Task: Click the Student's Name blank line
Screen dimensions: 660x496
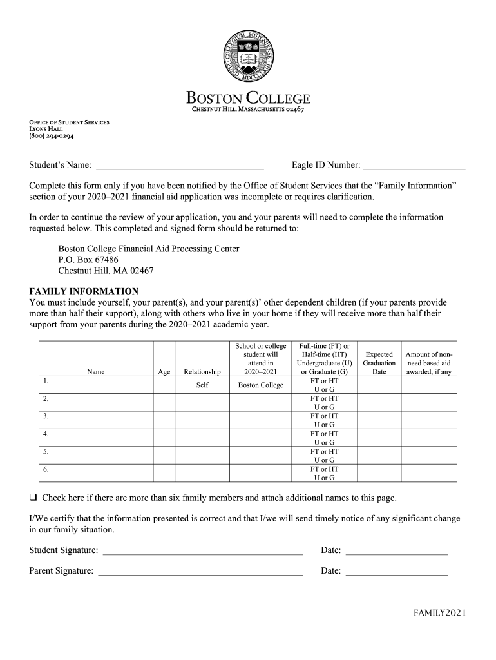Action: (x=180, y=166)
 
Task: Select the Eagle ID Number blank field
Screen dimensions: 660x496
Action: (x=414, y=166)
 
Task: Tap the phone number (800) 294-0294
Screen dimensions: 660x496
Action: (x=51, y=136)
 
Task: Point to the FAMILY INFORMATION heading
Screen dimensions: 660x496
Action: (x=84, y=291)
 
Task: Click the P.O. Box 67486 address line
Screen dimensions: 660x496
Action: (x=88, y=260)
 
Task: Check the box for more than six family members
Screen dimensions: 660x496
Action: (x=33, y=498)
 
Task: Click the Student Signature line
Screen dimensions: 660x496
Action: (x=203, y=550)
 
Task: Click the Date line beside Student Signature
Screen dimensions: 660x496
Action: (x=397, y=550)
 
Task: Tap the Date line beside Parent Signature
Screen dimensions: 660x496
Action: (x=397, y=571)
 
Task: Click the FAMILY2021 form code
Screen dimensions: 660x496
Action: (x=439, y=613)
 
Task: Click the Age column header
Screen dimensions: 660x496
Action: (x=164, y=372)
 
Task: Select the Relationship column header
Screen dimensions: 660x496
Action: (x=202, y=372)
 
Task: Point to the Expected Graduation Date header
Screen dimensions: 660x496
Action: (x=379, y=363)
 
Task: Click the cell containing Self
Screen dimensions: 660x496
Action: (x=202, y=385)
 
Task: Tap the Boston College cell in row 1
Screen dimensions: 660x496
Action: (x=260, y=385)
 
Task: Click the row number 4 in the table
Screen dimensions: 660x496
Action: (x=46, y=434)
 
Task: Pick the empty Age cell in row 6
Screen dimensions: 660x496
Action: (x=164, y=473)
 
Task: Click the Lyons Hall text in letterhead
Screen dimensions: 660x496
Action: (x=46, y=129)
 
